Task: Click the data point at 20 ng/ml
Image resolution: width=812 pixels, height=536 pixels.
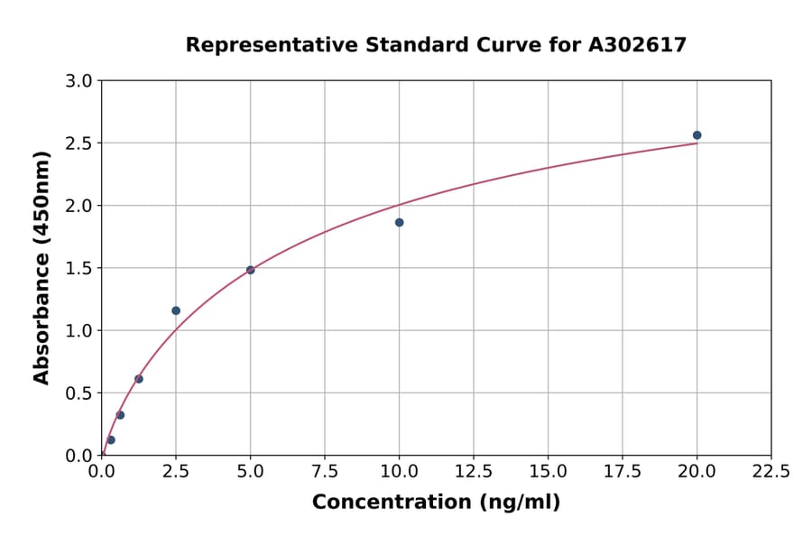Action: [697, 135]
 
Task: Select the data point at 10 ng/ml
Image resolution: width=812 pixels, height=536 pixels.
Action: [399, 222]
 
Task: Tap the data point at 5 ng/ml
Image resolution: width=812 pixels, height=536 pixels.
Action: [251, 270]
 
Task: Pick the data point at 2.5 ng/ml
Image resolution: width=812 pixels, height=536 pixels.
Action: [176, 310]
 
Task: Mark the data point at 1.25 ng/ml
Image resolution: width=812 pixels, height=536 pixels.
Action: [139, 379]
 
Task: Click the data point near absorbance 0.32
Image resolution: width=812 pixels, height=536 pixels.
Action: [120, 415]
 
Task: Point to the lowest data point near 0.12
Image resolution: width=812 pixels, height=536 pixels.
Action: [111, 440]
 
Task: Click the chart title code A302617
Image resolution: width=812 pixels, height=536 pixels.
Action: [637, 45]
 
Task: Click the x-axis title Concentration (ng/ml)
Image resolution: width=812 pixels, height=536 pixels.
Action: [436, 503]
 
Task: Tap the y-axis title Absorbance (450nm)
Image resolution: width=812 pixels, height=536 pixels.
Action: [42, 267]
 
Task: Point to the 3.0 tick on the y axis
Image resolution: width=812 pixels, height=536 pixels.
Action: [80, 81]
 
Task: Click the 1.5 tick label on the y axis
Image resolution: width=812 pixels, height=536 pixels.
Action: [80, 268]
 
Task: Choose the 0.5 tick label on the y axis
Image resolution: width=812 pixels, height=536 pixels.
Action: [80, 393]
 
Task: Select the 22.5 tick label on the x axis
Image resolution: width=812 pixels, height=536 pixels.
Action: [771, 472]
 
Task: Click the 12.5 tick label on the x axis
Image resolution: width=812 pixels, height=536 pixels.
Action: [474, 472]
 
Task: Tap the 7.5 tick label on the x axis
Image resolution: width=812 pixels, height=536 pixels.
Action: [325, 472]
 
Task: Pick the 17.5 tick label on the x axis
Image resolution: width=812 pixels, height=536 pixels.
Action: [623, 472]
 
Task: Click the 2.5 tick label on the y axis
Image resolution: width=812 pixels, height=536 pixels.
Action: [80, 143]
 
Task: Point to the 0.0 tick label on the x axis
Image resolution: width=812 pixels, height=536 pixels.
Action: [102, 472]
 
